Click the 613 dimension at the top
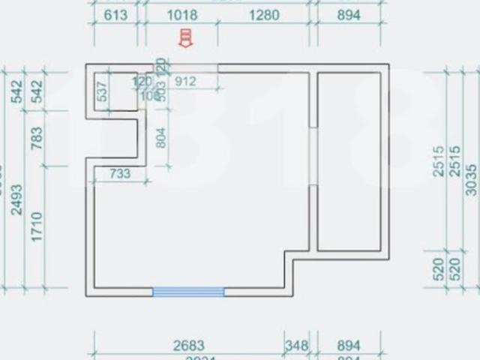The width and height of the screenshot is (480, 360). click(x=115, y=15)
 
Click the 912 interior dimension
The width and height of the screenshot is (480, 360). click(x=185, y=81)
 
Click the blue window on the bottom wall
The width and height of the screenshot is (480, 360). click(x=188, y=292)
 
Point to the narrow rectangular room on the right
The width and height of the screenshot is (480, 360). click(x=349, y=161)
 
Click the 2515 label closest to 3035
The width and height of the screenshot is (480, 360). click(x=454, y=161)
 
